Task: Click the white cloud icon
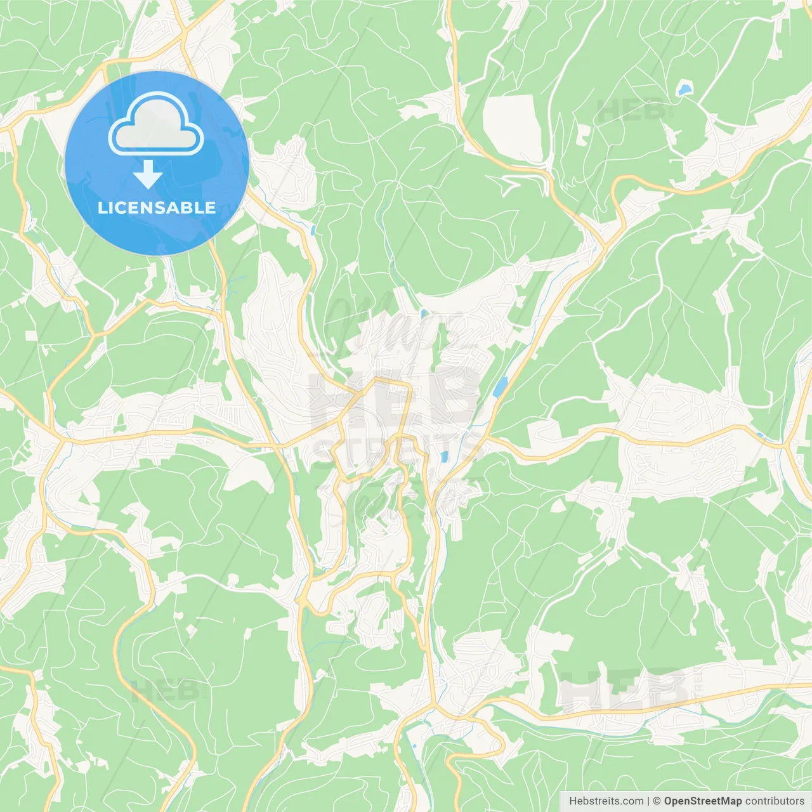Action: (x=156, y=124)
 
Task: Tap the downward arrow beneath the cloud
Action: (x=148, y=174)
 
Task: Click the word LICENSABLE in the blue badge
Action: (x=157, y=207)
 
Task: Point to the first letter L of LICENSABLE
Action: (x=101, y=207)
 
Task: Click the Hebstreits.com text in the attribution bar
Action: (x=606, y=801)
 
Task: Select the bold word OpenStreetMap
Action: (x=702, y=801)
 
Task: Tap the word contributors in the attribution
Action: (x=775, y=801)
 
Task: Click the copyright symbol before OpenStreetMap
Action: (x=657, y=801)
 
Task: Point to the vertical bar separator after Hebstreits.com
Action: (x=648, y=801)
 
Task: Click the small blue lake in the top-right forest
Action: (x=684, y=89)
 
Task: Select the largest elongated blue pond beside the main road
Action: (x=501, y=386)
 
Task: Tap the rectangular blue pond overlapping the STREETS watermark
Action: (x=445, y=456)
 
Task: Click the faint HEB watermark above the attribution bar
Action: (x=625, y=688)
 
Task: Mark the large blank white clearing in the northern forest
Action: (x=513, y=127)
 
